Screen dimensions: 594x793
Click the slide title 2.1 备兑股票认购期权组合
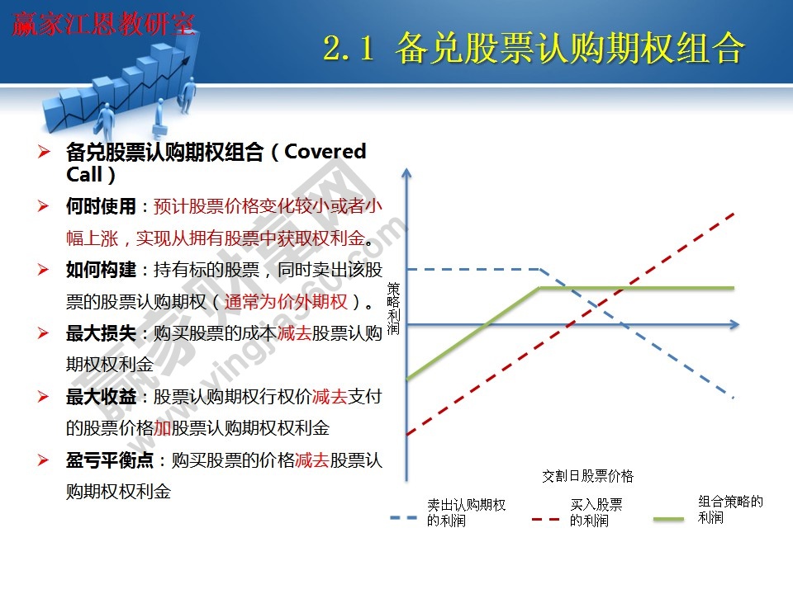pos(533,49)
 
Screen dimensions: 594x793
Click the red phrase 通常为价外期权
pos(285,301)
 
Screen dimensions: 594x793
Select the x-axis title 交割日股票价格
pos(587,476)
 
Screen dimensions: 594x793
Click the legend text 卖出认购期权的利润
pos(466,512)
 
